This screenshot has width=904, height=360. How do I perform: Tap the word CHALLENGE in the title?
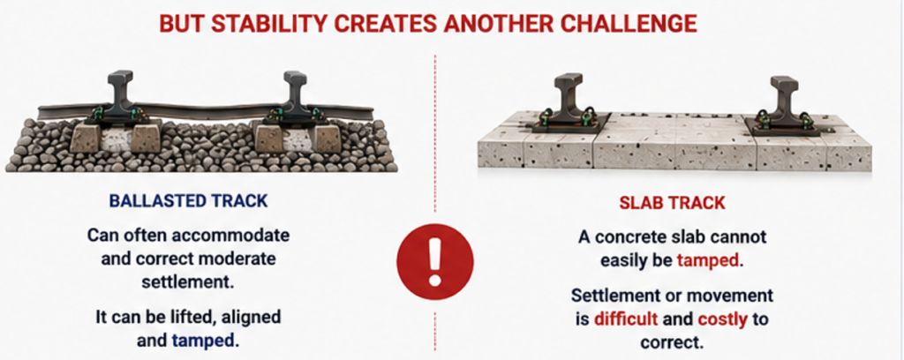[x=632, y=24]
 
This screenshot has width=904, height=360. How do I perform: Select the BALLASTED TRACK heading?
[x=189, y=200]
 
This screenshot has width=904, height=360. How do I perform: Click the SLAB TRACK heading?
[x=672, y=203]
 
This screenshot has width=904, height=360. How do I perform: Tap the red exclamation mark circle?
[x=435, y=261]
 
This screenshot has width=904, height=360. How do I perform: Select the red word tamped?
[x=708, y=260]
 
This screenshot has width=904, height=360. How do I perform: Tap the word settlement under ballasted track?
[x=189, y=283]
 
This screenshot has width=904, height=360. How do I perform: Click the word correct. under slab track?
[x=672, y=342]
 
